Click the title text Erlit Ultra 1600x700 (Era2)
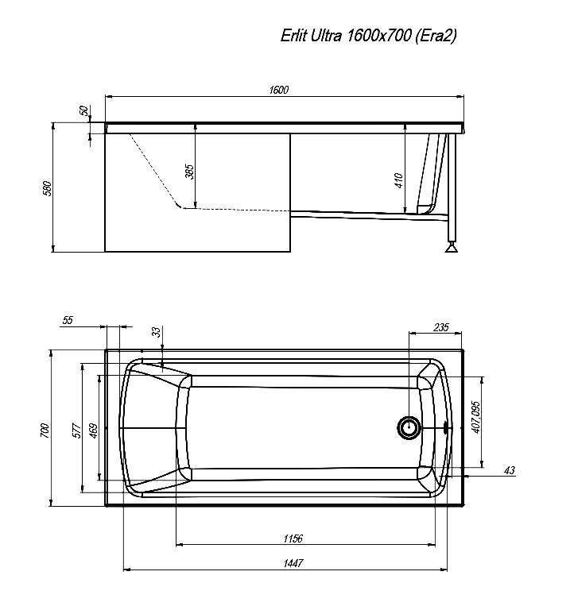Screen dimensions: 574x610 point(368,36)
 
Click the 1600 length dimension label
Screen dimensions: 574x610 point(279,90)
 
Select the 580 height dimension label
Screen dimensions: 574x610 point(47,188)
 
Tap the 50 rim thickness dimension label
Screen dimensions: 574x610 point(83,110)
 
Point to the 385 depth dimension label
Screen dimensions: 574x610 point(189,172)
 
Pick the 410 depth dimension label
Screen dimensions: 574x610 point(399,181)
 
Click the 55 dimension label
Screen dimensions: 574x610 point(68,320)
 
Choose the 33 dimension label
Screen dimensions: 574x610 point(156,332)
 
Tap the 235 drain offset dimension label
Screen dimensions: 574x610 point(440,327)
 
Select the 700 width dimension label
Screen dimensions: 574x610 point(45,430)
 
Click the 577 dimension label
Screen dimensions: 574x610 point(76,430)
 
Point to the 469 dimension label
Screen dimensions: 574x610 point(94,430)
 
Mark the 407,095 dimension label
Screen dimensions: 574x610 point(475,417)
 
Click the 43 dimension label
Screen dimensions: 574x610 point(510,471)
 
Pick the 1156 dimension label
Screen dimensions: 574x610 point(293,539)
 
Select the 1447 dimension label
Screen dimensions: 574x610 point(293,563)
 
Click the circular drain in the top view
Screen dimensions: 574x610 point(409,427)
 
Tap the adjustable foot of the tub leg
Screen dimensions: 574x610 point(452,248)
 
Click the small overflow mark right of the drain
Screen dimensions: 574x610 point(446,428)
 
